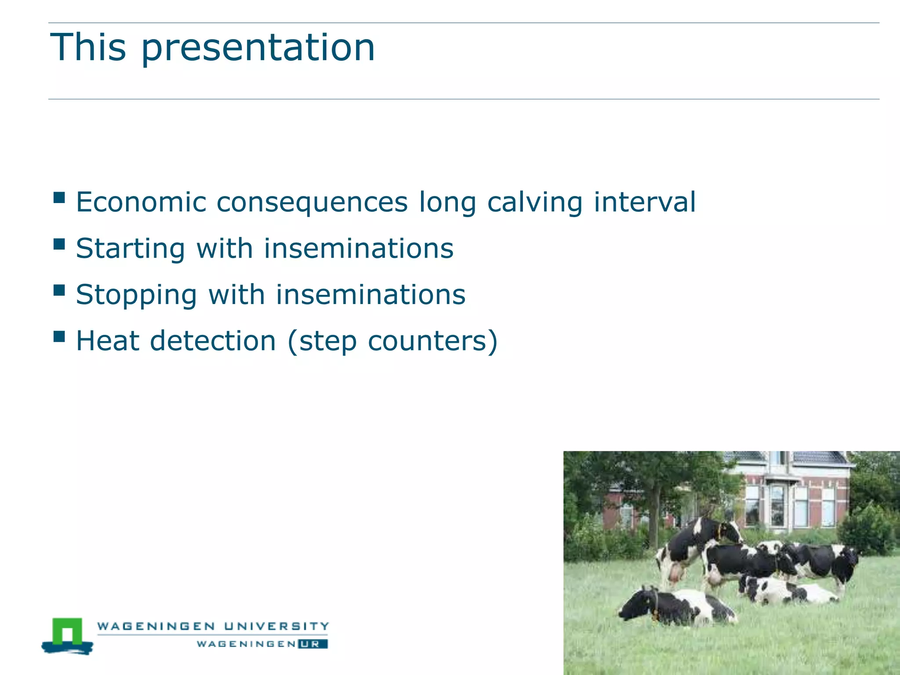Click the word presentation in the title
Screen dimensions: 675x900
tap(258, 48)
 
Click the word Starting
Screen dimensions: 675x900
tap(131, 249)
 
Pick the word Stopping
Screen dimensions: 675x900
tap(136, 295)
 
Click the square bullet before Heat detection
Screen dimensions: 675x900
tap(59, 337)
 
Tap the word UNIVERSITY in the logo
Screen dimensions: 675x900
tap(276, 626)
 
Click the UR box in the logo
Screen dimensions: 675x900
tap(312, 644)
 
